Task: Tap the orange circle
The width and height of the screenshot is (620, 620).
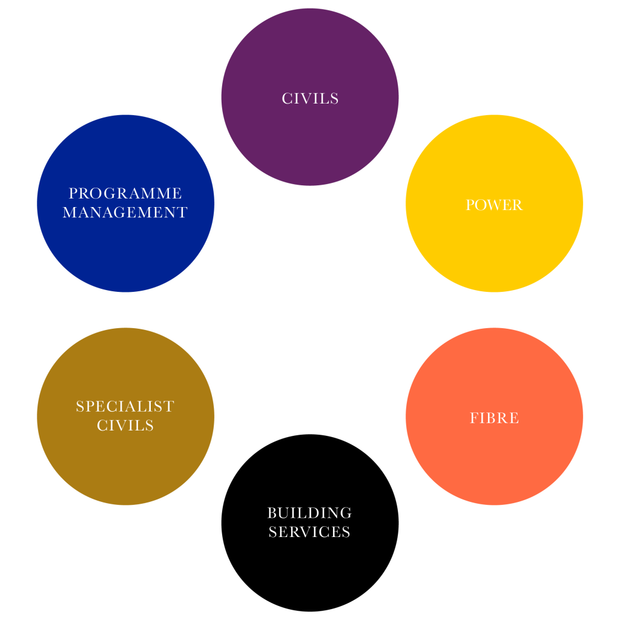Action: click(x=494, y=460)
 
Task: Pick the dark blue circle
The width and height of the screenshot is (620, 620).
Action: click(x=125, y=254)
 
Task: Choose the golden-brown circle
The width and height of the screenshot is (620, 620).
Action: click(x=125, y=466)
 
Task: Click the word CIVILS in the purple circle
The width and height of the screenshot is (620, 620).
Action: click(x=310, y=99)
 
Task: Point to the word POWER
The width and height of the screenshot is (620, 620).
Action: click(x=494, y=205)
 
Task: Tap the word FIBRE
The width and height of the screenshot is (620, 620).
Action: click(x=494, y=418)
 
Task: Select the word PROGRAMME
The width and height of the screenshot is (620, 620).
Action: click(x=125, y=194)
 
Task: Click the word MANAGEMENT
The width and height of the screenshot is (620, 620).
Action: click(x=125, y=213)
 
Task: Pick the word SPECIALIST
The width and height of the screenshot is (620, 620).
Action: click(x=125, y=407)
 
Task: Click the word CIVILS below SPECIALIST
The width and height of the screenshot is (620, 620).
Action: click(x=125, y=426)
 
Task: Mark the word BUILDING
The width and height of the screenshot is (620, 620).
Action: click(x=310, y=513)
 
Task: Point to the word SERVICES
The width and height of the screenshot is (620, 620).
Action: click(x=310, y=532)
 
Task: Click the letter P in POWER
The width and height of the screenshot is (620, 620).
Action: click(x=470, y=205)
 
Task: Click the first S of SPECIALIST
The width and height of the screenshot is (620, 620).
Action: click(x=80, y=407)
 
